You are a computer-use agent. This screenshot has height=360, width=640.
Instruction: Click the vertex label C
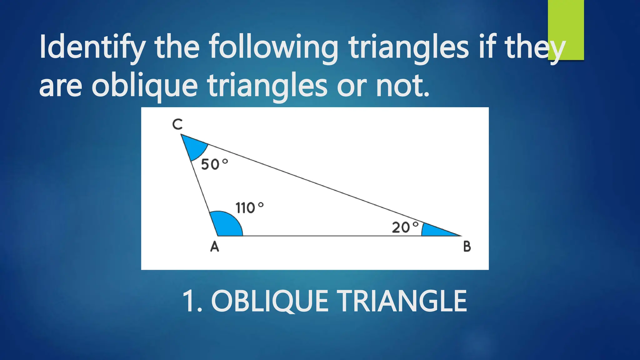point(177,124)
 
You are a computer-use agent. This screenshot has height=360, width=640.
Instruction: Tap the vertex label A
point(215,247)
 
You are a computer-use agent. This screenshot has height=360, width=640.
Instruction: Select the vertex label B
point(467,247)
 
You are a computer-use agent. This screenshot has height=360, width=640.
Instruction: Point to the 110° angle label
point(249,208)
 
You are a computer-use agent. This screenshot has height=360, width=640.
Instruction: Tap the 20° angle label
point(405,227)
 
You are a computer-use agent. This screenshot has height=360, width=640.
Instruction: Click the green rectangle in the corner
point(566,30)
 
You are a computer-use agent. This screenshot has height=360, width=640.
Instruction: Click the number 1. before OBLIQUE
point(192,301)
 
